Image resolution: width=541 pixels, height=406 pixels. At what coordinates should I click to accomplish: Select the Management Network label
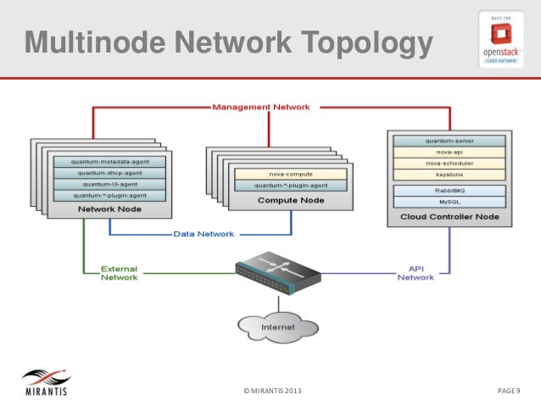[260, 107]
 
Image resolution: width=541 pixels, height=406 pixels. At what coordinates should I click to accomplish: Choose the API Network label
[416, 273]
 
